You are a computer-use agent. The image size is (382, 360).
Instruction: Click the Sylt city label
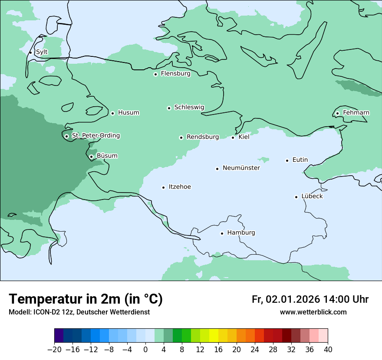42,52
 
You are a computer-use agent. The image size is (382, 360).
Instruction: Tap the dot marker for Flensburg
155,74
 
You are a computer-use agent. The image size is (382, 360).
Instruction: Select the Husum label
128,113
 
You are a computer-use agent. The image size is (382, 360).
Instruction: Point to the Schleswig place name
189,107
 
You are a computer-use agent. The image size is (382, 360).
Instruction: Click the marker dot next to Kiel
233,137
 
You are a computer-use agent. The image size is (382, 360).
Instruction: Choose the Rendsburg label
202,137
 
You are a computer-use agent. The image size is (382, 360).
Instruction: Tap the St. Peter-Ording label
95,136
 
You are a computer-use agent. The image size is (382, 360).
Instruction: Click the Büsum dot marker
91,157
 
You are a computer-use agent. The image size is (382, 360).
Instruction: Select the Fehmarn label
356,113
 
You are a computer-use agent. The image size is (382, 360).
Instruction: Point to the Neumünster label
241,168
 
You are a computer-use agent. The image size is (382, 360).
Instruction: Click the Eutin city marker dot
287,160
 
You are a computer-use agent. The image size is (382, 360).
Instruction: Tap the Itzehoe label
179,187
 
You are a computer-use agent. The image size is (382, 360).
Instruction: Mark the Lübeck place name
312,196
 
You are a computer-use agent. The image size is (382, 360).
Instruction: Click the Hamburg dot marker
222,233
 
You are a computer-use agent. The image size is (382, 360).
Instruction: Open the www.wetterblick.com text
313,312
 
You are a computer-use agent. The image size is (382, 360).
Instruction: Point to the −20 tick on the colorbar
54,350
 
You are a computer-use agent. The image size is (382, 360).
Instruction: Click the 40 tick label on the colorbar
328,350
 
